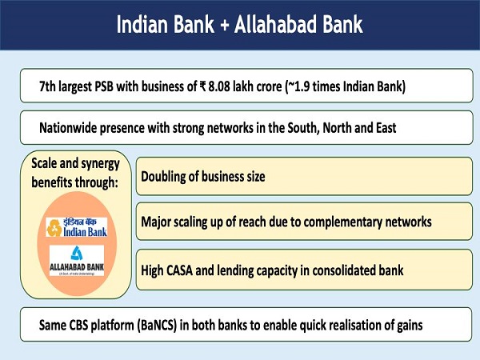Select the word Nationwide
coord(70,127)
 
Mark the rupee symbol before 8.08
coord(210,86)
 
